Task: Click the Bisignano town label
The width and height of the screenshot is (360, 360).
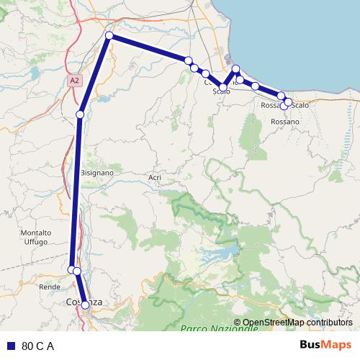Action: tap(97, 173)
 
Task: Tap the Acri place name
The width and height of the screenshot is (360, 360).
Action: tap(155, 177)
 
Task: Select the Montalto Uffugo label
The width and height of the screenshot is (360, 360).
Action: tap(36, 238)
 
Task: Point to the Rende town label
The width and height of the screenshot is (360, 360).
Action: tap(50, 287)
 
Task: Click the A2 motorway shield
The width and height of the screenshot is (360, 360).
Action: tap(75, 81)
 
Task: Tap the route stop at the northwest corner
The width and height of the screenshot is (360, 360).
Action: tap(109, 35)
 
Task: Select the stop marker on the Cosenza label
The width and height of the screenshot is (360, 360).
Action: tap(86, 305)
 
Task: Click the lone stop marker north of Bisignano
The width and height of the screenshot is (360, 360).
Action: tap(80, 114)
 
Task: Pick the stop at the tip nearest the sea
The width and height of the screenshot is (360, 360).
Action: tap(235, 68)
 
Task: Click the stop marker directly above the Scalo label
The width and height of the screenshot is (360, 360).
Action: tap(223, 87)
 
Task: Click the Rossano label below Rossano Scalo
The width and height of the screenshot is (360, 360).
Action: tap(284, 122)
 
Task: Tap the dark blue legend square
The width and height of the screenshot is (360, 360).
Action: tap(10, 346)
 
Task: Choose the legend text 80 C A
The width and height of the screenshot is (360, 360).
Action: tap(38, 346)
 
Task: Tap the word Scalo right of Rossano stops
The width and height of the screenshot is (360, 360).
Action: tap(300, 106)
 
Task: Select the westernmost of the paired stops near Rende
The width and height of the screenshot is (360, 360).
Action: tap(71, 269)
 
